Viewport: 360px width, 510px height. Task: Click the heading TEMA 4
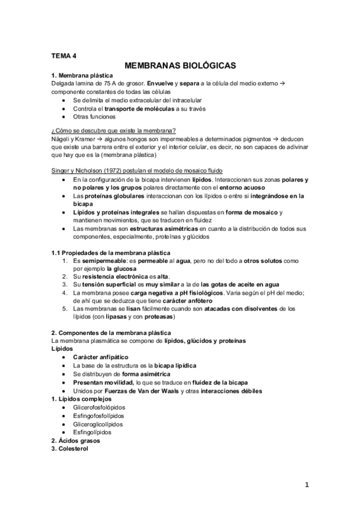64,56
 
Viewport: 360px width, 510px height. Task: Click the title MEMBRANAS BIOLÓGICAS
180,65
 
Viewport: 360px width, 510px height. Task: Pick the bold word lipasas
121,316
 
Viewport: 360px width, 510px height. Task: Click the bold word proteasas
159,316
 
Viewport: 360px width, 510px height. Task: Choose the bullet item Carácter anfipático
100,357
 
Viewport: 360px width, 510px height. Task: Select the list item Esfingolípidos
97,432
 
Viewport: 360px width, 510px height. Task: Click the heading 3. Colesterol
71,449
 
